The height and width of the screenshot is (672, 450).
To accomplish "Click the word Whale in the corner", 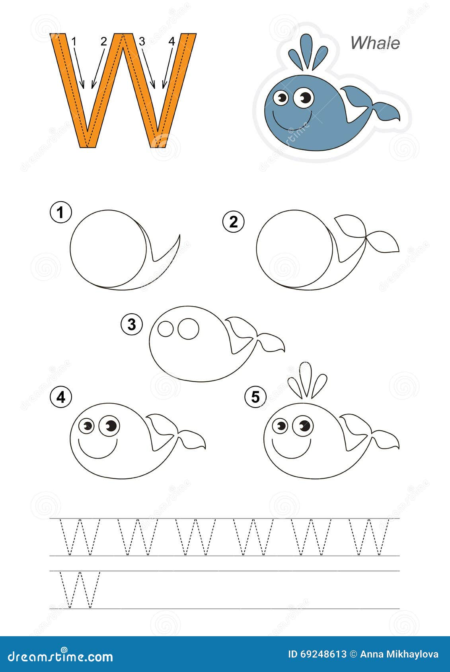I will click(x=375, y=43).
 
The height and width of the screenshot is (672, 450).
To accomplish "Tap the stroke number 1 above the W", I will click(x=74, y=41).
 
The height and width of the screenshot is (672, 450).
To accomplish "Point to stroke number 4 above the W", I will click(x=171, y=41).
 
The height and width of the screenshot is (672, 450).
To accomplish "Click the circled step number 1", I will click(x=60, y=213).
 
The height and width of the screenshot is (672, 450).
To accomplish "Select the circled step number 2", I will click(x=233, y=221).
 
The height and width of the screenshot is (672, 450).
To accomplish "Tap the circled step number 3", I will click(x=131, y=325).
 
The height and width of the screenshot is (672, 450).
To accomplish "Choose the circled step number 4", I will click(x=61, y=396).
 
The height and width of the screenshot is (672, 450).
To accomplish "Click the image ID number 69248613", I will click(x=323, y=654).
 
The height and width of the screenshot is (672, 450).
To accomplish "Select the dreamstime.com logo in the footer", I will click(x=60, y=656).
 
